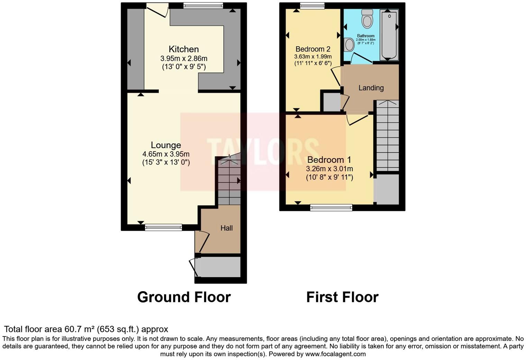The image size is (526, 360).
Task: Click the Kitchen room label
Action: coord(183,49)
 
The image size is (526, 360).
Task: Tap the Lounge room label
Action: coord(166,145)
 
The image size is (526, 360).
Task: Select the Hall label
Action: coord(227,228)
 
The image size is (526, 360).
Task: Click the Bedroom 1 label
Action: coord(329,160)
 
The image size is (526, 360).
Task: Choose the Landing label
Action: coord(371,88)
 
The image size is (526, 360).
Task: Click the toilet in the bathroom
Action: coord(367,18)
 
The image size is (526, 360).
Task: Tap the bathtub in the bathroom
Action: coord(389,35)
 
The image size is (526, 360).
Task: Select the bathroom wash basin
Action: coord(349,45)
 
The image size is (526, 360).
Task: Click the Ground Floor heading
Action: coord(184,297)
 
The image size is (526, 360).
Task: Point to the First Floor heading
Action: coord(342,297)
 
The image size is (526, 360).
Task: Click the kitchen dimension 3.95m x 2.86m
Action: coord(184,58)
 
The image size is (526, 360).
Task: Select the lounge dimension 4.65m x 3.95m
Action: coord(166,154)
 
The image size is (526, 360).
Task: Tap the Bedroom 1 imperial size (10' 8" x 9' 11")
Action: coord(329,177)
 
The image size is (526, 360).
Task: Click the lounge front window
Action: coord(163,227)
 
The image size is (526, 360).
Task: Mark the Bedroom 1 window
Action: coord(331,207)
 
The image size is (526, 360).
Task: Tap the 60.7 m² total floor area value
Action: coord(79,329)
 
